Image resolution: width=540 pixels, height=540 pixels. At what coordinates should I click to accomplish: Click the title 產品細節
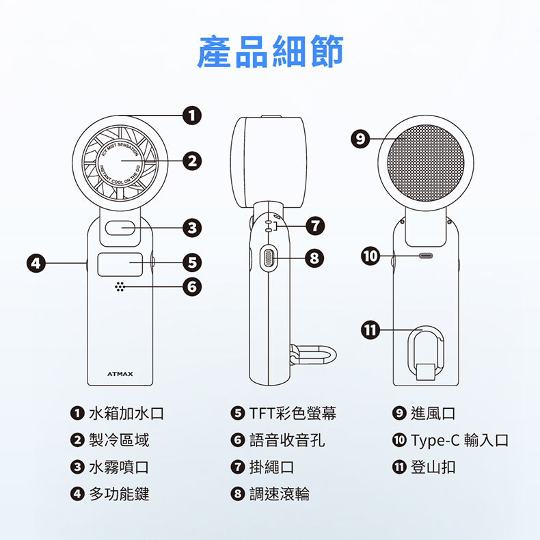tap(270, 52)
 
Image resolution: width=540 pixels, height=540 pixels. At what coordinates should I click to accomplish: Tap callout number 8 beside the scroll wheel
tap(313, 258)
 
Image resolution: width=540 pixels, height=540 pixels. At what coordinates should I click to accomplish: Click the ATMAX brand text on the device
tap(120, 374)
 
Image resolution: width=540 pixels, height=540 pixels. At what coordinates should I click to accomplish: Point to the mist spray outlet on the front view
tap(120, 228)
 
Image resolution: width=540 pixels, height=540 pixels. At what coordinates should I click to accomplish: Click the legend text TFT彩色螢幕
tap(292, 414)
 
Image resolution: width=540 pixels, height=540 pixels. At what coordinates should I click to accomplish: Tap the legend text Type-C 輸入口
tap(459, 440)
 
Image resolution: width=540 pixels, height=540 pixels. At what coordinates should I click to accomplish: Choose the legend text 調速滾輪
tap(279, 494)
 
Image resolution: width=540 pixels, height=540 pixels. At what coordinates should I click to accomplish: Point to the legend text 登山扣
tap(433, 468)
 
